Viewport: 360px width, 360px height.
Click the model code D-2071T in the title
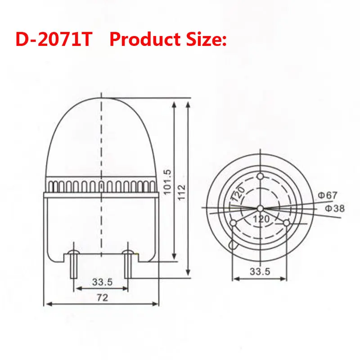pyautogui.click(x=54, y=40)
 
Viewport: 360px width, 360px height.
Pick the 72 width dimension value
pyautogui.click(x=102, y=297)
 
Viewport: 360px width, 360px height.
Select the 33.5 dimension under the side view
pyautogui.click(x=102, y=282)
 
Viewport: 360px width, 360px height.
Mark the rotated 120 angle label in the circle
pyautogui.click(x=238, y=194)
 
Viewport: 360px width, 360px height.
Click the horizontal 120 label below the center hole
pyautogui.click(x=261, y=219)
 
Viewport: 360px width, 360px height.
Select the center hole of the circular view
pyautogui.click(x=260, y=208)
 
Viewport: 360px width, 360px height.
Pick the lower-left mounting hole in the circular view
pyautogui.click(x=233, y=224)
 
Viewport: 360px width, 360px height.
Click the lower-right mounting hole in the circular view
pyautogui.click(x=287, y=223)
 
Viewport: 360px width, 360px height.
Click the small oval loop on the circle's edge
pyautogui.click(x=232, y=243)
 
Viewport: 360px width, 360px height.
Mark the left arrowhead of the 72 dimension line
pyautogui.click(x=47, y=304)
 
